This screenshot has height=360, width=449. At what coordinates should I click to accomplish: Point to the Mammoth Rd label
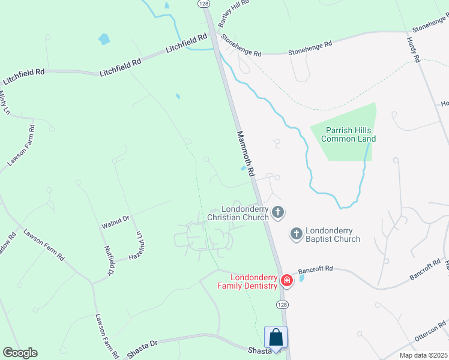tap(246, 154)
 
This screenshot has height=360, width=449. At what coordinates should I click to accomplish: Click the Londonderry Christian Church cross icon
tap(277, 211)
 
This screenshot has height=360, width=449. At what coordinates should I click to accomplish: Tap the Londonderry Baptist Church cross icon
tap(296, 233)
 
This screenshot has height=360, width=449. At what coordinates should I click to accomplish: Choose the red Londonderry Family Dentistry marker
tap(287, 280)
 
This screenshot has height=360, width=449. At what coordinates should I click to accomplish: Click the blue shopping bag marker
tap(276, 337)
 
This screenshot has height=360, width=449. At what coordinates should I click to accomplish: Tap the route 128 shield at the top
tap(204, 4)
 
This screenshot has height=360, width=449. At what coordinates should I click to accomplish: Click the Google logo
tap(20, 353)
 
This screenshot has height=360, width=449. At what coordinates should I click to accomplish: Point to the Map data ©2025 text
tap(423, 355)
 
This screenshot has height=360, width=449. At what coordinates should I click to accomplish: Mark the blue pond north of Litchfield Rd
tap(104, 40)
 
